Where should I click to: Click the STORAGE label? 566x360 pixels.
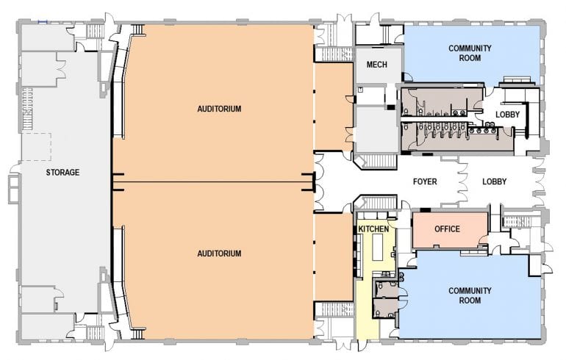(62, 173)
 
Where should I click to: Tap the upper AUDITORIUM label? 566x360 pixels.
(219, 109)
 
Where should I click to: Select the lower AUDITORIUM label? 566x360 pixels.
(219, 253)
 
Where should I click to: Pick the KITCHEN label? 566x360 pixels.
(373, 229)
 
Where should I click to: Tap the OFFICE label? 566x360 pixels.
(447, 229)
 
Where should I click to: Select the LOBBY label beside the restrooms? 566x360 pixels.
(507, 115)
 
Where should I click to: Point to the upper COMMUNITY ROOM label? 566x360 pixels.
(470, 54)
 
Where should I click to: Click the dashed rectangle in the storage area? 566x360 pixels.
(35, 147)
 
